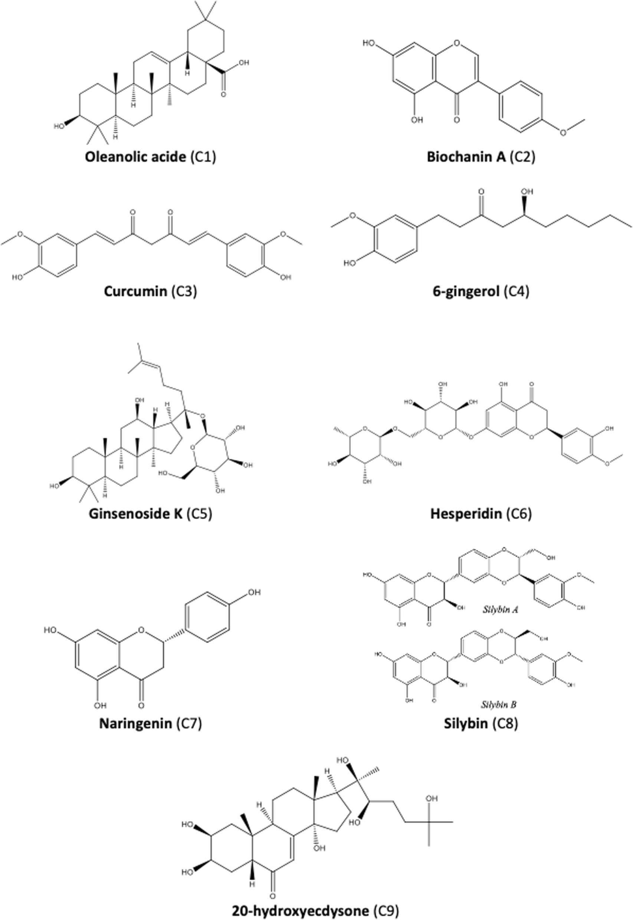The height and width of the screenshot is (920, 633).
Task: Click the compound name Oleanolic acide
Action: tap(135, 157)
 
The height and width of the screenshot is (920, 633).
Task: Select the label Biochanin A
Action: tap(466, 157)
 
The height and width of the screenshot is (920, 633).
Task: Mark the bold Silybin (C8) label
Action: tap(481, 723)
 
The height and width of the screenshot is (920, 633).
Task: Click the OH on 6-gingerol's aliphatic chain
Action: tap(527, 191)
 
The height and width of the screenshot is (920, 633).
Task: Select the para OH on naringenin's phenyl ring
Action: tap(254, 592)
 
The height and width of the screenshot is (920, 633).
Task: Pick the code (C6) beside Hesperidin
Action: tap(519, 513)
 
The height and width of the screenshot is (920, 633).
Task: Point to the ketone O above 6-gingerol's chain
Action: tap(482, 191)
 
